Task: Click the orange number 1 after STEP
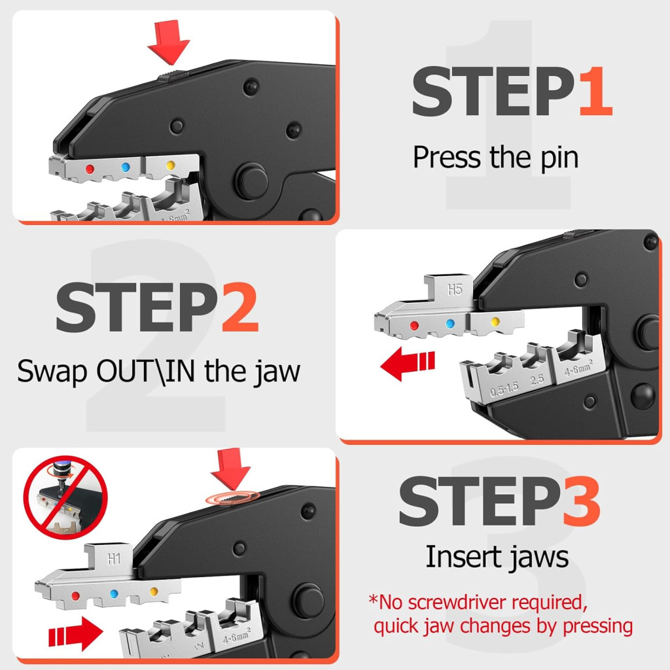click(x=596, y=91)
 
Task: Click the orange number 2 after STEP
click(x=239, y=308)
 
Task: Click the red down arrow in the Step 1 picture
click(x=168, y=42)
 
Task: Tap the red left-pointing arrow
click(x=407, y=363)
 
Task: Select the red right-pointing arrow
click(x=76, y=633)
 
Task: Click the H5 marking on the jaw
click(x=455, y=290)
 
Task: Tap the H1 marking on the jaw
click(x=114, y=559)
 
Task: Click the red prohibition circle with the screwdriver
click(x=65, y=497)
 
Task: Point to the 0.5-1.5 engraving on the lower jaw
click(x=504, y=389)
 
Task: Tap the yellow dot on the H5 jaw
click(x=495, y=321)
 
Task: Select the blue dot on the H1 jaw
click(x=114, y=593)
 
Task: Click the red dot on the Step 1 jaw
click(x=90, y=169)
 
